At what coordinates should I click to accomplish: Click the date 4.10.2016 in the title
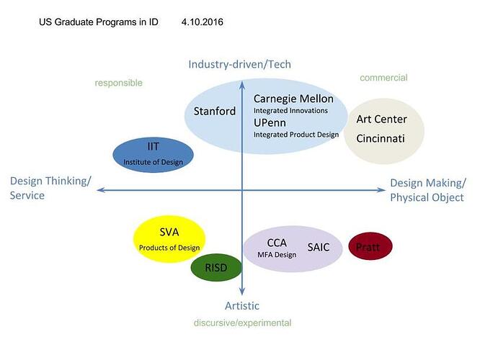203,22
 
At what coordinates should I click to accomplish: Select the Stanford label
214,111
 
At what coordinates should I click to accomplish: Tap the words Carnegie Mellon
293,98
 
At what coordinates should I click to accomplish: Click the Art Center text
381,119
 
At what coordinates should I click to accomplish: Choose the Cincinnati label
381,138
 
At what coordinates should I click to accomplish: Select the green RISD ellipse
215,268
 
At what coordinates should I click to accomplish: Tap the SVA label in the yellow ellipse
169,232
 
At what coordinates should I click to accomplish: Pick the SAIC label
318,247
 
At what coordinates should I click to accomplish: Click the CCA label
277,243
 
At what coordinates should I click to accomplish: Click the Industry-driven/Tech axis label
239,64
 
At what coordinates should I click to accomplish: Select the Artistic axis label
241,306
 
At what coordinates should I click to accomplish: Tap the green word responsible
118,83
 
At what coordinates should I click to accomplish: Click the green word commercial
383,78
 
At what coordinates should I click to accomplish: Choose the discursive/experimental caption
242,323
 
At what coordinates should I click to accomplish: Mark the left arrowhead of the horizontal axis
100,189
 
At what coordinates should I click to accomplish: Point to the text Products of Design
169,248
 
